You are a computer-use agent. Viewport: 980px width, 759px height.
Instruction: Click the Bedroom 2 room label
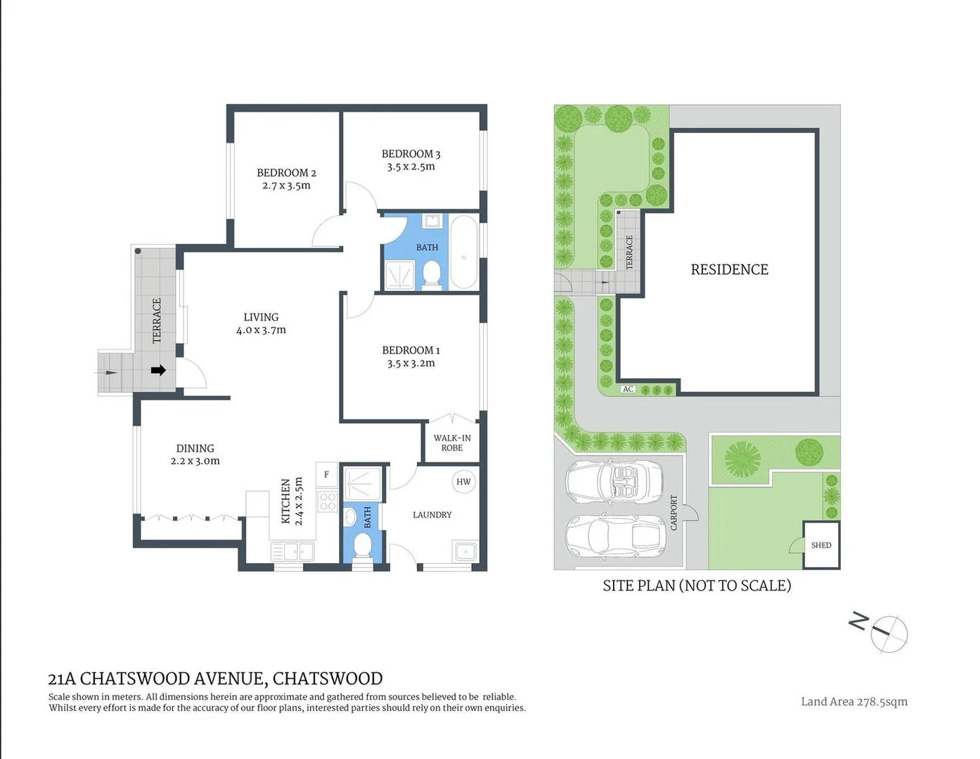tap(286, 173)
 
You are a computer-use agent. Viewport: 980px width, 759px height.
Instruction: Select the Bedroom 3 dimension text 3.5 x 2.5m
tap(411, 167)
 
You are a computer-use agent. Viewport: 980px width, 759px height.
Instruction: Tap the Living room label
tap(261, 317)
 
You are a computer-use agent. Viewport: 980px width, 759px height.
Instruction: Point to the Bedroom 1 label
tap(411, 350)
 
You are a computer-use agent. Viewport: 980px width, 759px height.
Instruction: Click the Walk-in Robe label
tap(452, 443)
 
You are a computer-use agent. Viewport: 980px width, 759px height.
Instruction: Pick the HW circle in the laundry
tap(463, 481)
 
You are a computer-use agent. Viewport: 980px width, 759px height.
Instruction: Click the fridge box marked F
tap(327, 474)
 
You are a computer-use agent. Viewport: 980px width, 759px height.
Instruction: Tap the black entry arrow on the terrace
tap(158, 370)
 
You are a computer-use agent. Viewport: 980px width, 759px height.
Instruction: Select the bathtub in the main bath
tap(464, 252)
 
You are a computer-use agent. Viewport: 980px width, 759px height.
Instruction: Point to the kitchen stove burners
tap(328, 501)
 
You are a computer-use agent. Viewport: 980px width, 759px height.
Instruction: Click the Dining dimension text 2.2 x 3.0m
tap(195, 462)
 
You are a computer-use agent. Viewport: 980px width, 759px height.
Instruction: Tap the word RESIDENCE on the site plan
tap(729, 270)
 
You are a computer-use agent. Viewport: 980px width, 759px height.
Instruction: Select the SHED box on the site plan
tap(821, 545)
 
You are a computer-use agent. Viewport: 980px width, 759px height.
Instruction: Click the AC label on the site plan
tap(628, 389)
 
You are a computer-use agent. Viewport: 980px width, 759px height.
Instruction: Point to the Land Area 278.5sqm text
tap(853, 701)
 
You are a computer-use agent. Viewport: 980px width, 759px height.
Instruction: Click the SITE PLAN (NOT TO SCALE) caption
tap(697, 585)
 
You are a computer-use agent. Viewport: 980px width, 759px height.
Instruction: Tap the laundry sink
tap(465, 552)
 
